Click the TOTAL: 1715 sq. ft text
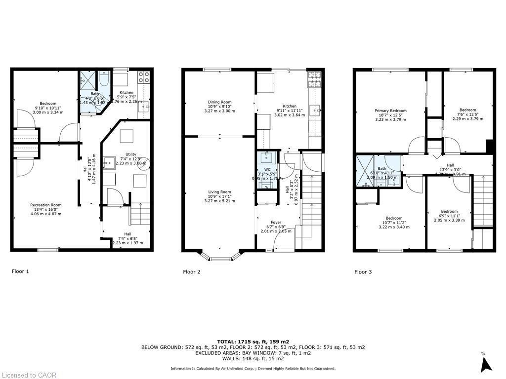coord(253,341)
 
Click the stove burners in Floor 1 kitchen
coord(144,76)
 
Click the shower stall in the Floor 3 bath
coord(365,171)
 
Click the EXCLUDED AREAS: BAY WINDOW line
coord(253,354)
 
